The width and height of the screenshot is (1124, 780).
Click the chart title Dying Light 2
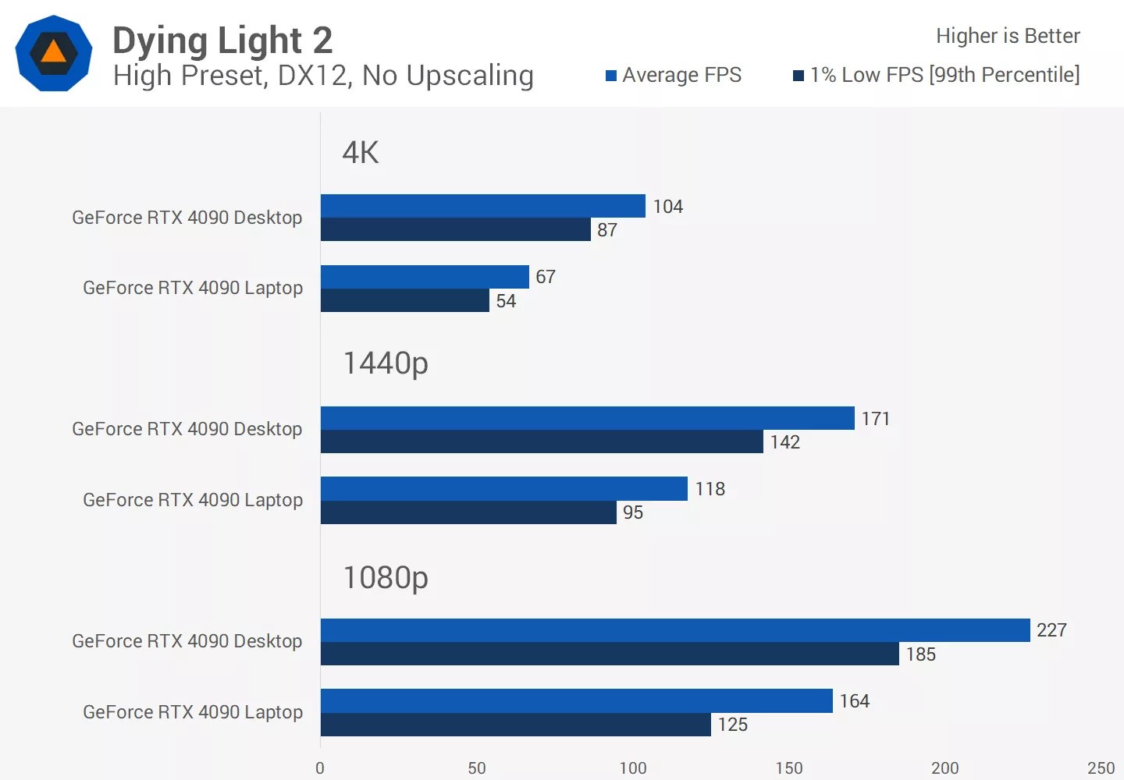tap(222, 41)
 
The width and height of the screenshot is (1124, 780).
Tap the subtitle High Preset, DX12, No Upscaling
tap(323, 76)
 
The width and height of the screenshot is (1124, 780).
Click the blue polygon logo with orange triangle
tap(54, 53)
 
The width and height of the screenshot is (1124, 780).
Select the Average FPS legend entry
tap(674, 75)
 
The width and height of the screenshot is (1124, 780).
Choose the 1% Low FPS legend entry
tap(937, 75)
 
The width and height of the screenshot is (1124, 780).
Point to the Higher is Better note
tap(1007, 36)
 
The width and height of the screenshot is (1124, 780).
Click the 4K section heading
tap(361, 152)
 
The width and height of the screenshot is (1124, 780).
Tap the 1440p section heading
tap(386, 363)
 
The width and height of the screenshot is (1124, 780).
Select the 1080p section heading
tap(386, 578)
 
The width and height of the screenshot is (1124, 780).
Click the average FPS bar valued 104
tap(482, 206)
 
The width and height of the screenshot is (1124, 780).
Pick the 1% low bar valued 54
tap(404, 300)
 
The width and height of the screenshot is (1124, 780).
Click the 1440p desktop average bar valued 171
tap(587, 418)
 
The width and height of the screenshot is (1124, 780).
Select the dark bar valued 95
tap(468, 512)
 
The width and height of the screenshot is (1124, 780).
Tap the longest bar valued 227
tap(675, 630)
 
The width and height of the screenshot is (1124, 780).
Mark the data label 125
tap(733, 725)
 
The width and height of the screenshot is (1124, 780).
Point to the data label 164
tap(854, 701)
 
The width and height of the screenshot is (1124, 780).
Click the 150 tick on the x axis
tap(788, 768)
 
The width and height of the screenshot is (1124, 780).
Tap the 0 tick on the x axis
tap(320, 768)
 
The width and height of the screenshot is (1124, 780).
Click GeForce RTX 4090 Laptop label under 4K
tap(193, 288)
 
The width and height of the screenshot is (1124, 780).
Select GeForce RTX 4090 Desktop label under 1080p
tap(187, 641)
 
